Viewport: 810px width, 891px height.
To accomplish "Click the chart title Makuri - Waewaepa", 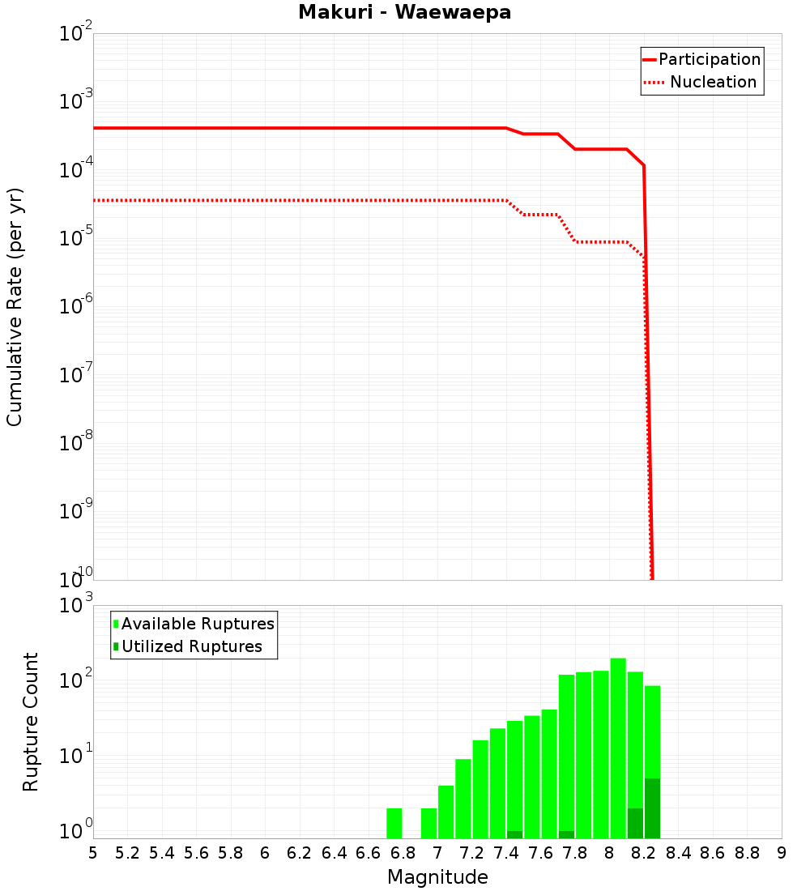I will click(404, 13).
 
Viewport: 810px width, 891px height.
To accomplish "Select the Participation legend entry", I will click(701, 60).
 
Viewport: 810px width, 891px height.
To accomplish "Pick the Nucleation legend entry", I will click(701, 83).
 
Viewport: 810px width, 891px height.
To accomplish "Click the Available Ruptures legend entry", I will click(194, 624).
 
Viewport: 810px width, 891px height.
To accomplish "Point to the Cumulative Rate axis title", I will click(15, 306).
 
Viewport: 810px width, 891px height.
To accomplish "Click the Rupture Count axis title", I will click(31, 722).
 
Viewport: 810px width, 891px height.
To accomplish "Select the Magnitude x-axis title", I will click(437, 877).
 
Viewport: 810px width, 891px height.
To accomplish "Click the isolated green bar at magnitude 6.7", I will click(394, 823).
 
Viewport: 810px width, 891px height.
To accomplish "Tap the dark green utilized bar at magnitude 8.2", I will click(653, 808).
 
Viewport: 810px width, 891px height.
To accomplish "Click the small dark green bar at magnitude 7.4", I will click(514, 834).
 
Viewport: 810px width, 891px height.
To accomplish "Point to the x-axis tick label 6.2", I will click(299, 853).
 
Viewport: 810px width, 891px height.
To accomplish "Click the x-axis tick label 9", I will click(781, 853).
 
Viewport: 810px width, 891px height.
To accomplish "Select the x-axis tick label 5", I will click(93, 853).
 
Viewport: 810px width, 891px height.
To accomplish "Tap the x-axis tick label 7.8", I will click(575, 853).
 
